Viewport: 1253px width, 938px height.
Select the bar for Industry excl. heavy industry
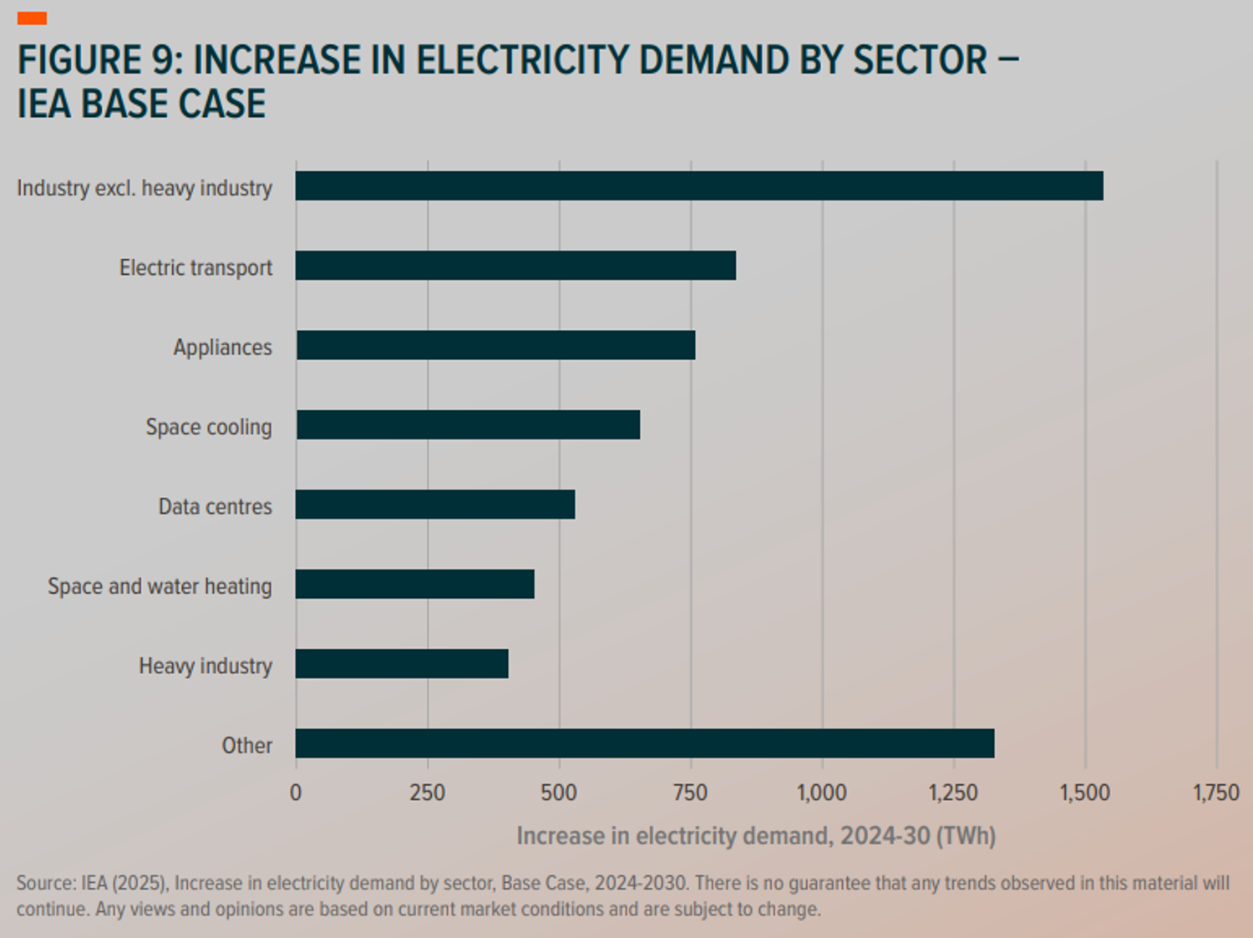[x=699, y=185]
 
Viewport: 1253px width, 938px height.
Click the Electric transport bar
[x=515, y=266]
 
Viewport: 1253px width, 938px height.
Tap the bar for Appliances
[x=495, y=345]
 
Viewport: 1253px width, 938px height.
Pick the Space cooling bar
[x=468, y=424]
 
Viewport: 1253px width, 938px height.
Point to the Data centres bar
[x=435, y=504]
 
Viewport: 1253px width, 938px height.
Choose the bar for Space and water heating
[x=415, y=584]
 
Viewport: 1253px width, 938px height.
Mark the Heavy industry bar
[x=402, y=664]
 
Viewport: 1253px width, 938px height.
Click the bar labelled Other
[x=645, y=743]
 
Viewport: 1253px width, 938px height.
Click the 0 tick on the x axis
[x=296, y=793]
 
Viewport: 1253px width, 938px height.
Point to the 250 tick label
[x=427, y=793]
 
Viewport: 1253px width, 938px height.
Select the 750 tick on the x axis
[x=690, y=793]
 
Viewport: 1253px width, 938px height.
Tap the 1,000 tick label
[x=822, y=793]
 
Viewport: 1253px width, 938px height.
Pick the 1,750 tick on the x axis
[x=1215, y=793]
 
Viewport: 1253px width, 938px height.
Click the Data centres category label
[x=216, y=507]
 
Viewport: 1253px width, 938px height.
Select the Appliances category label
[x=222, y=347]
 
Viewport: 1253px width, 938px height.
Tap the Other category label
[x=246, y=746]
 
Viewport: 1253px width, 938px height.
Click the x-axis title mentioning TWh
[x=756, y=836]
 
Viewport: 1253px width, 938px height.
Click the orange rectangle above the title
[x=32, y=18]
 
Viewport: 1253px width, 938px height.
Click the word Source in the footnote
[x=45, y=884]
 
